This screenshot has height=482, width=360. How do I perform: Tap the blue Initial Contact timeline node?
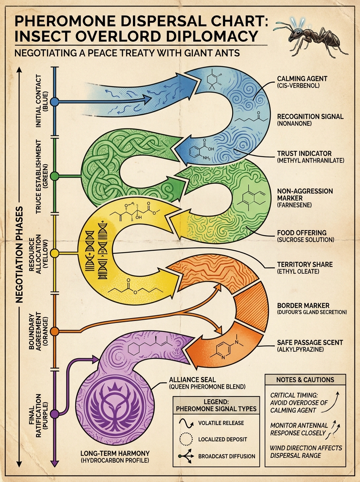(55, 102)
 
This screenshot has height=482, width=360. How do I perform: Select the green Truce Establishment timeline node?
(55, 176)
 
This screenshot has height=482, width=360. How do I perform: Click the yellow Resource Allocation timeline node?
(55, 253)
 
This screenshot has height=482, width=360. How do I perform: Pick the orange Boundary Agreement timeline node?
(55, 331)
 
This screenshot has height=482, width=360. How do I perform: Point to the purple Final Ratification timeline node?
(55, 414)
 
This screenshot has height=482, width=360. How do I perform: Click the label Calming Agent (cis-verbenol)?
(302, 82)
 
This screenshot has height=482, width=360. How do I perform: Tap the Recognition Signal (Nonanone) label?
(310, 120)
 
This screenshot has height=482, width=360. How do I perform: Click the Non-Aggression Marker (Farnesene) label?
(305, 198)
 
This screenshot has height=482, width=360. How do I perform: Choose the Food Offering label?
(305, 236)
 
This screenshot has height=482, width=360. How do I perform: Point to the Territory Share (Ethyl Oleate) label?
(305, 268)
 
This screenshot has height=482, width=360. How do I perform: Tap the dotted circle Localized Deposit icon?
(186, 439)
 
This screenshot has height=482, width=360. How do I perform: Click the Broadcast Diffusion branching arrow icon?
(186, 456)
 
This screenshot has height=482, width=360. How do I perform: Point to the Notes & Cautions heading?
(305, 380)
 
